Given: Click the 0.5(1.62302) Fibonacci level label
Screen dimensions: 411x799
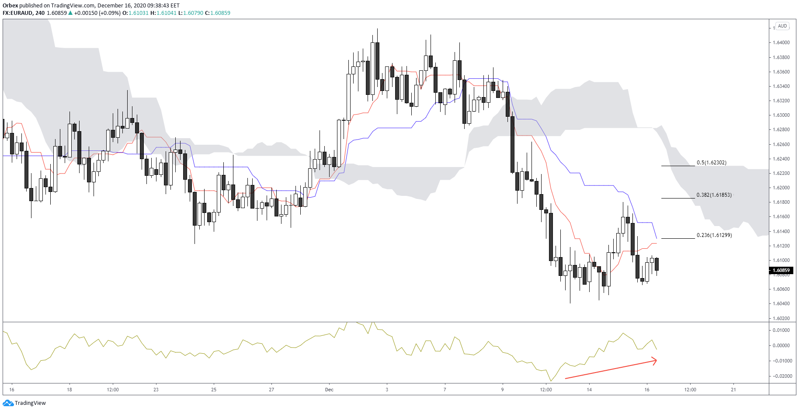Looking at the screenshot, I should pyautogui.click(x=711, y=163).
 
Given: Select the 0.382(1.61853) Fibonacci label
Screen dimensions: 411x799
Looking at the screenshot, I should pyautogui.click(x=714, y=195).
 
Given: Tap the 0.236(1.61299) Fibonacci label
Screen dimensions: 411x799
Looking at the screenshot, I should pyautogui.click(x=714, y=235).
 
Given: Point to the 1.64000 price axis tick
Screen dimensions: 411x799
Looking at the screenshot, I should pyautogui.click(x=781, y=43).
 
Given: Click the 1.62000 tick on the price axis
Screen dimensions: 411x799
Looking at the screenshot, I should pyautogui.click(x=781, y=188).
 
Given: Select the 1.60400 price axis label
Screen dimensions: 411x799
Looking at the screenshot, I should pyautogui.click(x=781, y=304).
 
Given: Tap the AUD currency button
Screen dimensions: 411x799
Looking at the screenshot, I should pyautogui.click(x=782, y=26).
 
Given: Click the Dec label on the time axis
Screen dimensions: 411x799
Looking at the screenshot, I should pyautogui.click(x=329, y=390).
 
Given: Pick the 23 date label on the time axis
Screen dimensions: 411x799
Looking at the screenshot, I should pyautogui.click(x=156, y=390).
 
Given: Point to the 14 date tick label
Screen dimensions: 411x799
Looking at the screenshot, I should pyautogui.click(x=589, y=390).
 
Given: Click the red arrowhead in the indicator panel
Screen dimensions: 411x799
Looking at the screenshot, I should pyautogui.click(x=654, y=361).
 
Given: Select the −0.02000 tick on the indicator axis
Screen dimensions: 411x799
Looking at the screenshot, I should pyautogui.click(x=782, y=376).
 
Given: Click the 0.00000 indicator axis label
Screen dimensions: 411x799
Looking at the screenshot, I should pyautogui.click(x=782, y=345).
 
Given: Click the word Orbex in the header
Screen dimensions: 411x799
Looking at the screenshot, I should pyautogui.click(x=10, y=6).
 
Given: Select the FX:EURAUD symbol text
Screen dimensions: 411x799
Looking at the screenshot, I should pyautogui.click(x=18, y=13).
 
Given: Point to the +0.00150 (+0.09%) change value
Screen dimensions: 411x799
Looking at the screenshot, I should pyautogui.click(x=97, y=13).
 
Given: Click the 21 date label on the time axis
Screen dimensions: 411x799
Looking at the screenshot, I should pyautogui.click(x=733, y=390).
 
